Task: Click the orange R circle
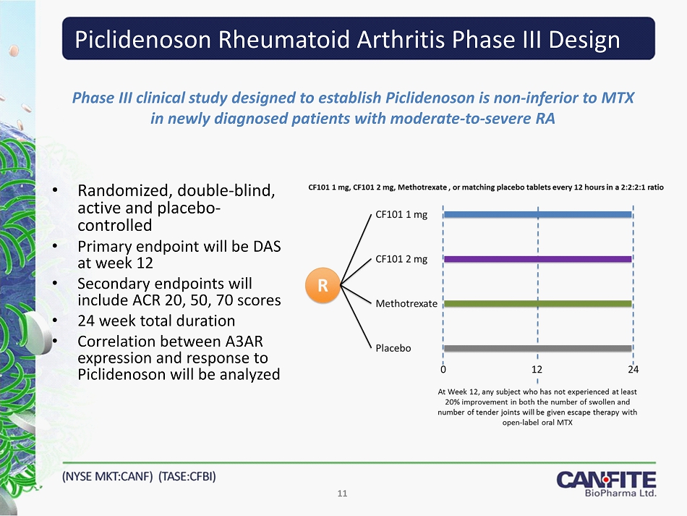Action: pyautogui.click(x=323, y=285)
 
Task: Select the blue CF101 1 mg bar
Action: pyautogui.click(x=538, y=214)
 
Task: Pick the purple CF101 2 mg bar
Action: pyautogui.click(x=538, y=259)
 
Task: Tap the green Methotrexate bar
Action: pyautogui.click(x=538, y=303)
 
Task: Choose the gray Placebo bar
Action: pyautogui.click(x=538, y=349)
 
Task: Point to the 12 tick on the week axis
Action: pyautogui.click(x=537, y=370)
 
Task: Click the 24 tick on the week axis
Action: pyautogui.click(x=633, y=370)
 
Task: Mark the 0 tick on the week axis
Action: pyautogui.click(x=443, y=370)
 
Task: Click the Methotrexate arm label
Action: pyautogui.click(x=406, y=303)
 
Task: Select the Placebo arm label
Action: pyautogui.click(x=393, y=348)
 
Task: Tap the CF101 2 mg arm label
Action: pyautogui.click(x=401, y=259)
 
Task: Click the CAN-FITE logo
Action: pyautogui.click(x=607, y=483)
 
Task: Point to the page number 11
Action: pyautogui.click(x=342, y=494)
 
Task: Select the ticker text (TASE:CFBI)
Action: pyautogui.click(x=187, y=476)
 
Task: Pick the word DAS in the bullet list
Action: pyautogui.click(x=268, y=246)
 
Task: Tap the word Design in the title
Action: pyautogui.click(x=584, y=41)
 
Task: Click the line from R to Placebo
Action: pyautogui.click(x=357, y=316)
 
